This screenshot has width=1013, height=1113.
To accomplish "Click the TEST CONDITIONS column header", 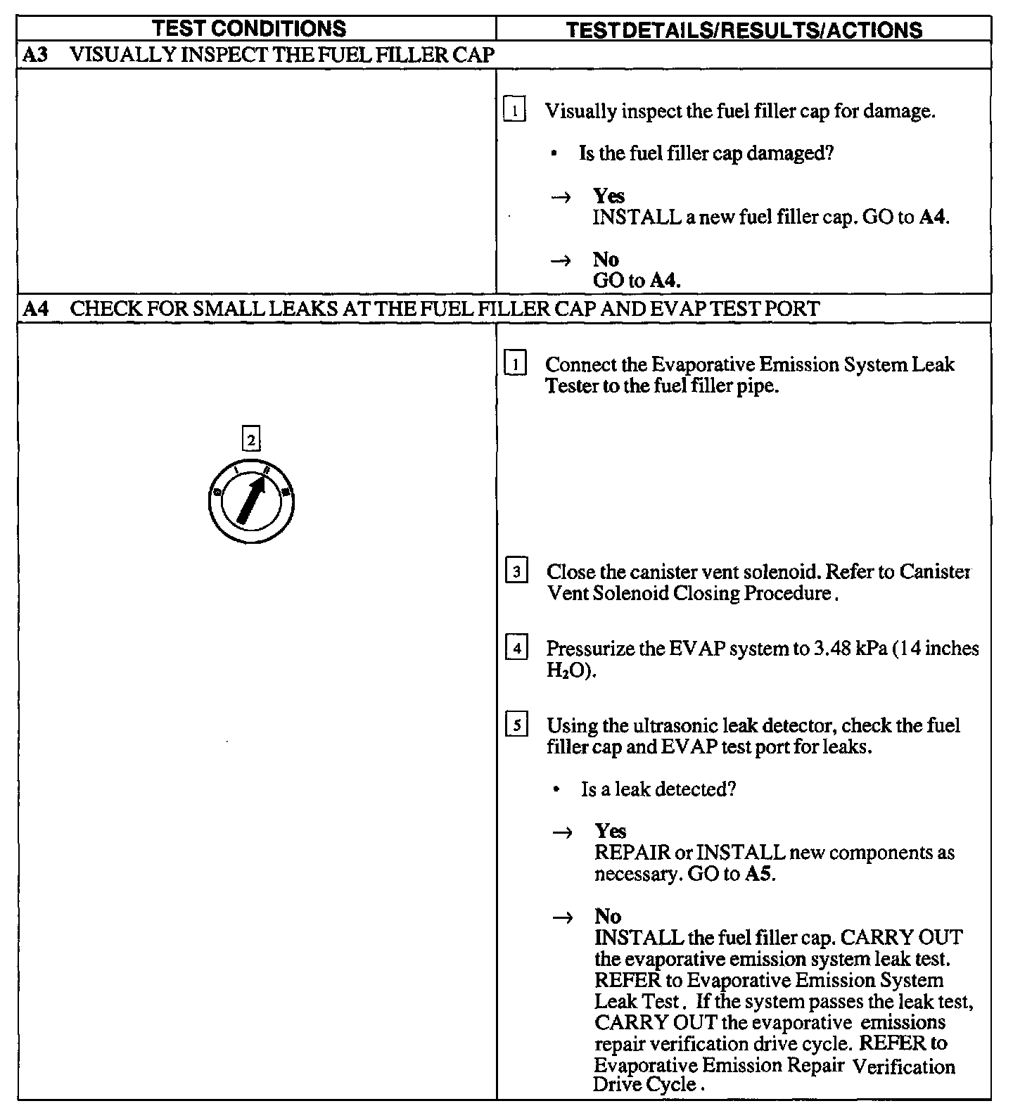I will tap(250, 29).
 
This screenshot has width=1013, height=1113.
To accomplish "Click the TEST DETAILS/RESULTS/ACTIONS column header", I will tap(744, 30).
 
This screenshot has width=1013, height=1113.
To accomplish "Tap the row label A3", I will tap(35, 55).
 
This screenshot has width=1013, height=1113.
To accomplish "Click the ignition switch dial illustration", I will tap(251, 502).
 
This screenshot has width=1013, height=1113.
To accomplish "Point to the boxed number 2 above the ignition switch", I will tap(250, 440).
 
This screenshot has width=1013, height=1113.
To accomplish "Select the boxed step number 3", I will tap(516, 572).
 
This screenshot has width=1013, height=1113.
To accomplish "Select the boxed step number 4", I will tap(516, 649).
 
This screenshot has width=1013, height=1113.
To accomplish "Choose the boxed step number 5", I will tap(516, 725).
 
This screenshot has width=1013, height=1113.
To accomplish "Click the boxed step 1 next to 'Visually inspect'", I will tap(515, 111).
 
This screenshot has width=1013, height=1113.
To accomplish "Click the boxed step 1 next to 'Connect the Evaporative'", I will tap(515, 364).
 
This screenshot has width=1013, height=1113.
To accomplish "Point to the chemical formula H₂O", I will tap(567, 670).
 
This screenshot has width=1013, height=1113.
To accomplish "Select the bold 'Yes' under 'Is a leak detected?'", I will tap(610, 832).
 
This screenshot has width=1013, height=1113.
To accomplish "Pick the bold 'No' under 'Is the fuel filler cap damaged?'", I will tap(606, 260).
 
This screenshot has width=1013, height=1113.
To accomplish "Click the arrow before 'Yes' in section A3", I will tap(561, 198).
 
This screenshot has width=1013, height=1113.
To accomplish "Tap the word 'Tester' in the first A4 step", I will tap(571, 386).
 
